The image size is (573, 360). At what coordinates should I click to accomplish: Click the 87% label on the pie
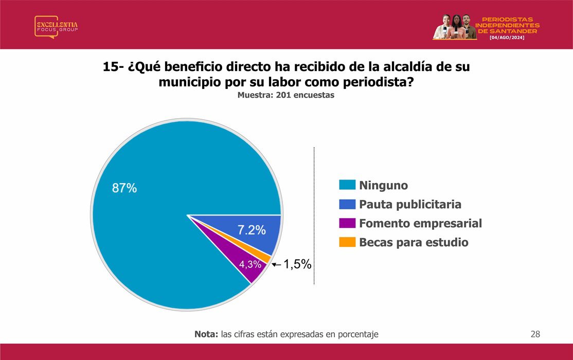click(124, 188)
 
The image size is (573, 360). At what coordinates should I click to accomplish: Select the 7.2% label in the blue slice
click(252, 230)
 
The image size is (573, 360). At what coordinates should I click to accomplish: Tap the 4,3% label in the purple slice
click(250, 264)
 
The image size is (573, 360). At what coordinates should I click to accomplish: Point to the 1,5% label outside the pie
click(297, 264)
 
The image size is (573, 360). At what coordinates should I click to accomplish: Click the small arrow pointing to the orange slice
click(277, 264)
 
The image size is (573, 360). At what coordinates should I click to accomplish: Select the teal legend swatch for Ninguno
click(347, 185)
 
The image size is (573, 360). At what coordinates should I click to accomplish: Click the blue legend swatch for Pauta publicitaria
click(347, 204)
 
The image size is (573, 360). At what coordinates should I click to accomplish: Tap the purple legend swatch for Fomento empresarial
click(347, 223)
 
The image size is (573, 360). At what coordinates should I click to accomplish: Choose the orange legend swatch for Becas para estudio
click(347, 242)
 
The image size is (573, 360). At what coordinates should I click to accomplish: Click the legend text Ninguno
click(383, 185)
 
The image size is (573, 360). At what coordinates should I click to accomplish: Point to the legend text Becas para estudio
click(414, 242)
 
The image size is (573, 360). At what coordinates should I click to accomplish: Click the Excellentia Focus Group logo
click(56, 27)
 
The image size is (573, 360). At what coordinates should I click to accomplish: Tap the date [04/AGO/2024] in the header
click(507, 38)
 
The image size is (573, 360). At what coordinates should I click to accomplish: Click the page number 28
click(535, 334)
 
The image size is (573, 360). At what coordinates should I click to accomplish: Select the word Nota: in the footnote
click(206, 334)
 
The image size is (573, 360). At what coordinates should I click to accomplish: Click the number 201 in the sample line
click(283, 95)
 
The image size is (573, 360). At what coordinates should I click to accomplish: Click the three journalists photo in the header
click(455, 27)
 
